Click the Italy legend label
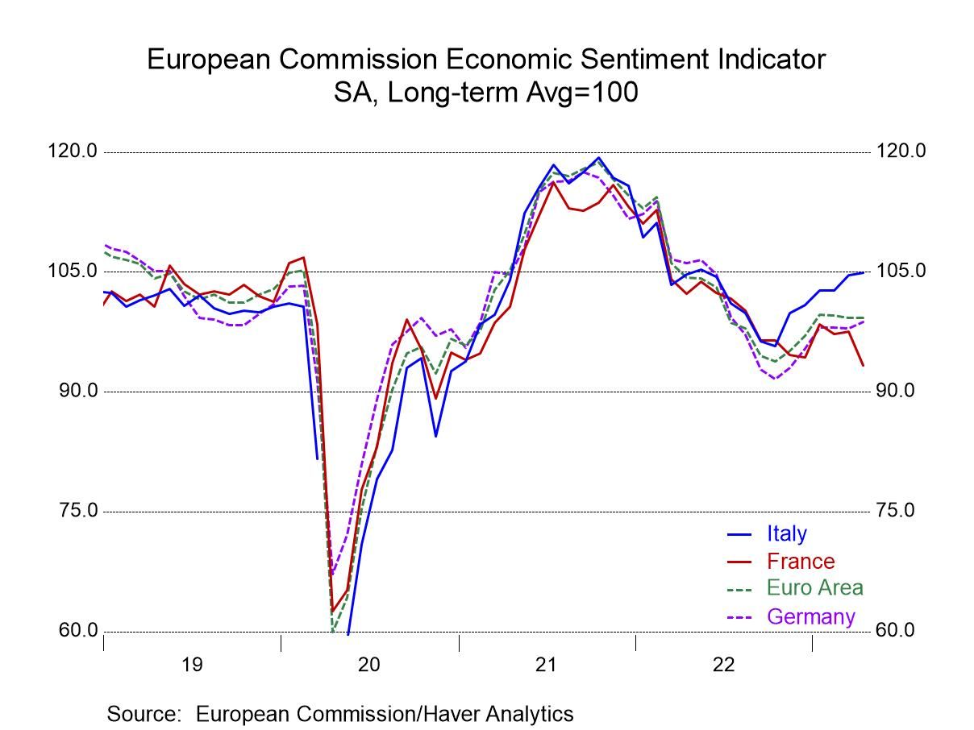[786, 533]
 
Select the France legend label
[801, 561]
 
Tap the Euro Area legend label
[814, 588]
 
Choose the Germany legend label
[810, 616]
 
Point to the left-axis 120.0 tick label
[73, 151]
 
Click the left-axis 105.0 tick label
[73, 271]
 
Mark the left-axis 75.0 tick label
[77, 511]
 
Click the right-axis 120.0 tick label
[901, 151]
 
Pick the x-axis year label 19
[192, 665]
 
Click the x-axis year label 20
[369, 665]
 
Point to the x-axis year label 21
[546, 665]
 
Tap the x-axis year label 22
[723, 665]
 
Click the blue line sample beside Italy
[739, 533]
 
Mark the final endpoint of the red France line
[863, 365]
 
